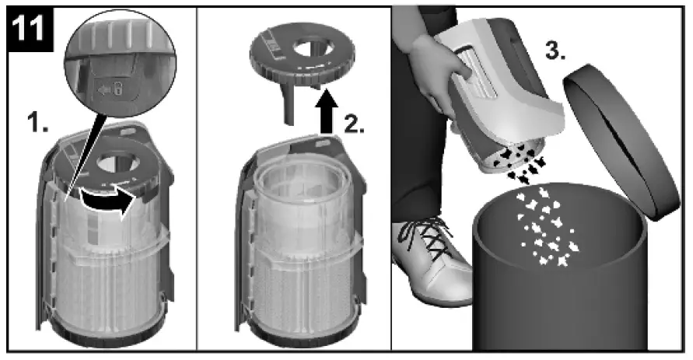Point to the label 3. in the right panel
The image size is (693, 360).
555,51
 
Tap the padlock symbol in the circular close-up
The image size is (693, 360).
118,90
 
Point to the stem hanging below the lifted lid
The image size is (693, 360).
290,105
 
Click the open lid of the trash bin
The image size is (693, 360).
621,142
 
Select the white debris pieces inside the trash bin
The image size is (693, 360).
547,229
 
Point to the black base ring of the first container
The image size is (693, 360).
106,333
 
